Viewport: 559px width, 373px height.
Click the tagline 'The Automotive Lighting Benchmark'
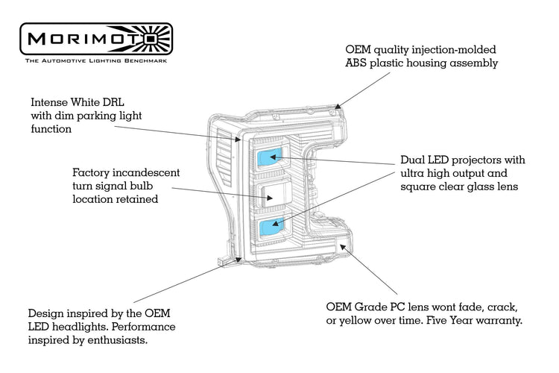tap(96, 60)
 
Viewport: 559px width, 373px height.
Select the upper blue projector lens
tap(268, 157)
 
